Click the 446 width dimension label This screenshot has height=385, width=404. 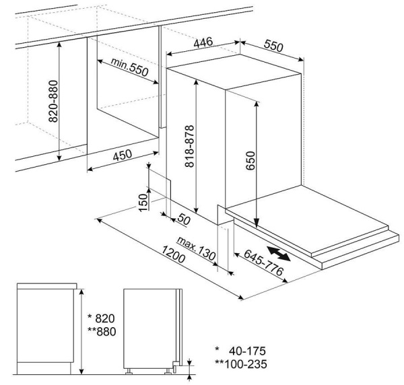[x=204, y=42]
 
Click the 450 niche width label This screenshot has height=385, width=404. [x=122, y=156]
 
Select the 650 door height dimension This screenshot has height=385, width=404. [x=251, y=162]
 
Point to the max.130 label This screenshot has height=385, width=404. [x=195, y=248]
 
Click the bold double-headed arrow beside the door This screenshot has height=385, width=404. [x=278, y=254]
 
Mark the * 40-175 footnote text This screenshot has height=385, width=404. [x=239, y=351]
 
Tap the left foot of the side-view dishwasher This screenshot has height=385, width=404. [x=129, y=370]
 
